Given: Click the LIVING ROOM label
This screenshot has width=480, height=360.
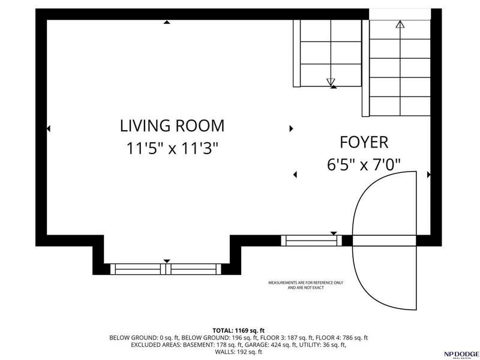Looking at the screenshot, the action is [x=172, y=126].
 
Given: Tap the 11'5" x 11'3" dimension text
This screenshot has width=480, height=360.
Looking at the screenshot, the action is [x=172, y=148].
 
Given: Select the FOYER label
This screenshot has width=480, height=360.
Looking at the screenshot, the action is [x=364, y=142].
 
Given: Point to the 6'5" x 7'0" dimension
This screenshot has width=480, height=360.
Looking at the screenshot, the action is [x=364, y=164].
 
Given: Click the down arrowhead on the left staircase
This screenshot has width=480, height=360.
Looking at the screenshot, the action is [x=331, y=82].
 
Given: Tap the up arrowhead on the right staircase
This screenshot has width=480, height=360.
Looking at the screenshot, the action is [x=400, y=24].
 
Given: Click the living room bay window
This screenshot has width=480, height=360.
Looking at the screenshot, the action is [x=166, y=269].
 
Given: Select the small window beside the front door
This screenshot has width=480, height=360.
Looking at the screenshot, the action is [x=311, y=241].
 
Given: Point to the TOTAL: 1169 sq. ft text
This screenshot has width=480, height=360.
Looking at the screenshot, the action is [x=238, y=331].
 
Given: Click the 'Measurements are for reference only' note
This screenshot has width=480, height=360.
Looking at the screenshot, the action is [x=305, y=285].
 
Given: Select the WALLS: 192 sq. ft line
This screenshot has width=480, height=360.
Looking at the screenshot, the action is [x=238, y=352].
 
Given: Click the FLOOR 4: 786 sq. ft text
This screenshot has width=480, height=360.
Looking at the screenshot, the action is [x=341, y=338].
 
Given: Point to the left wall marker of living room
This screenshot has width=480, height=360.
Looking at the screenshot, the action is [x=49, y=128].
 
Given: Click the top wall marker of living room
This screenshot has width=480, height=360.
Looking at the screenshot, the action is [x=167, y=22].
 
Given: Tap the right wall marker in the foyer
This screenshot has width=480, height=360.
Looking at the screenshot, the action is [x=428, y=175].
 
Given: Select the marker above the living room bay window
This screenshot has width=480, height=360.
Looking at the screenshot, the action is [x=167, y=261].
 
